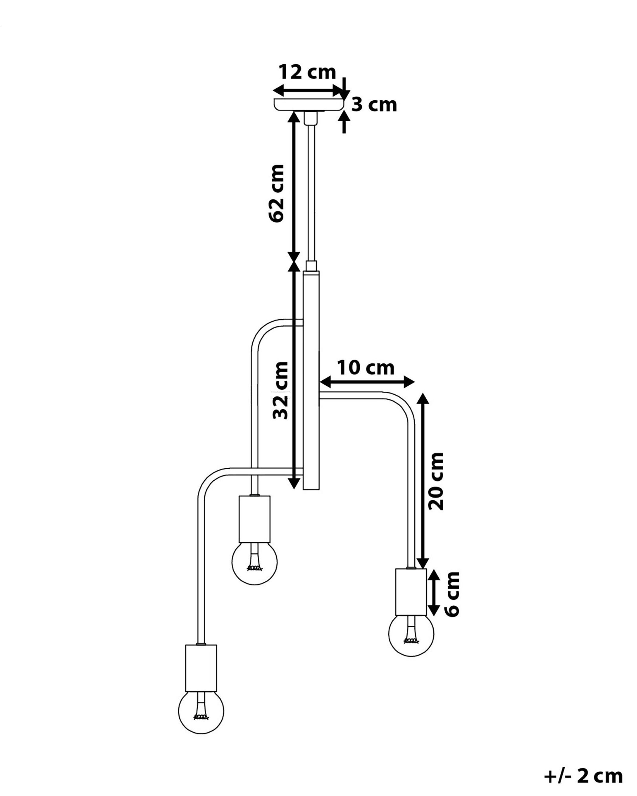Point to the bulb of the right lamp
tap(411, 634)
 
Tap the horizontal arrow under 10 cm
tap(367, 382)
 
